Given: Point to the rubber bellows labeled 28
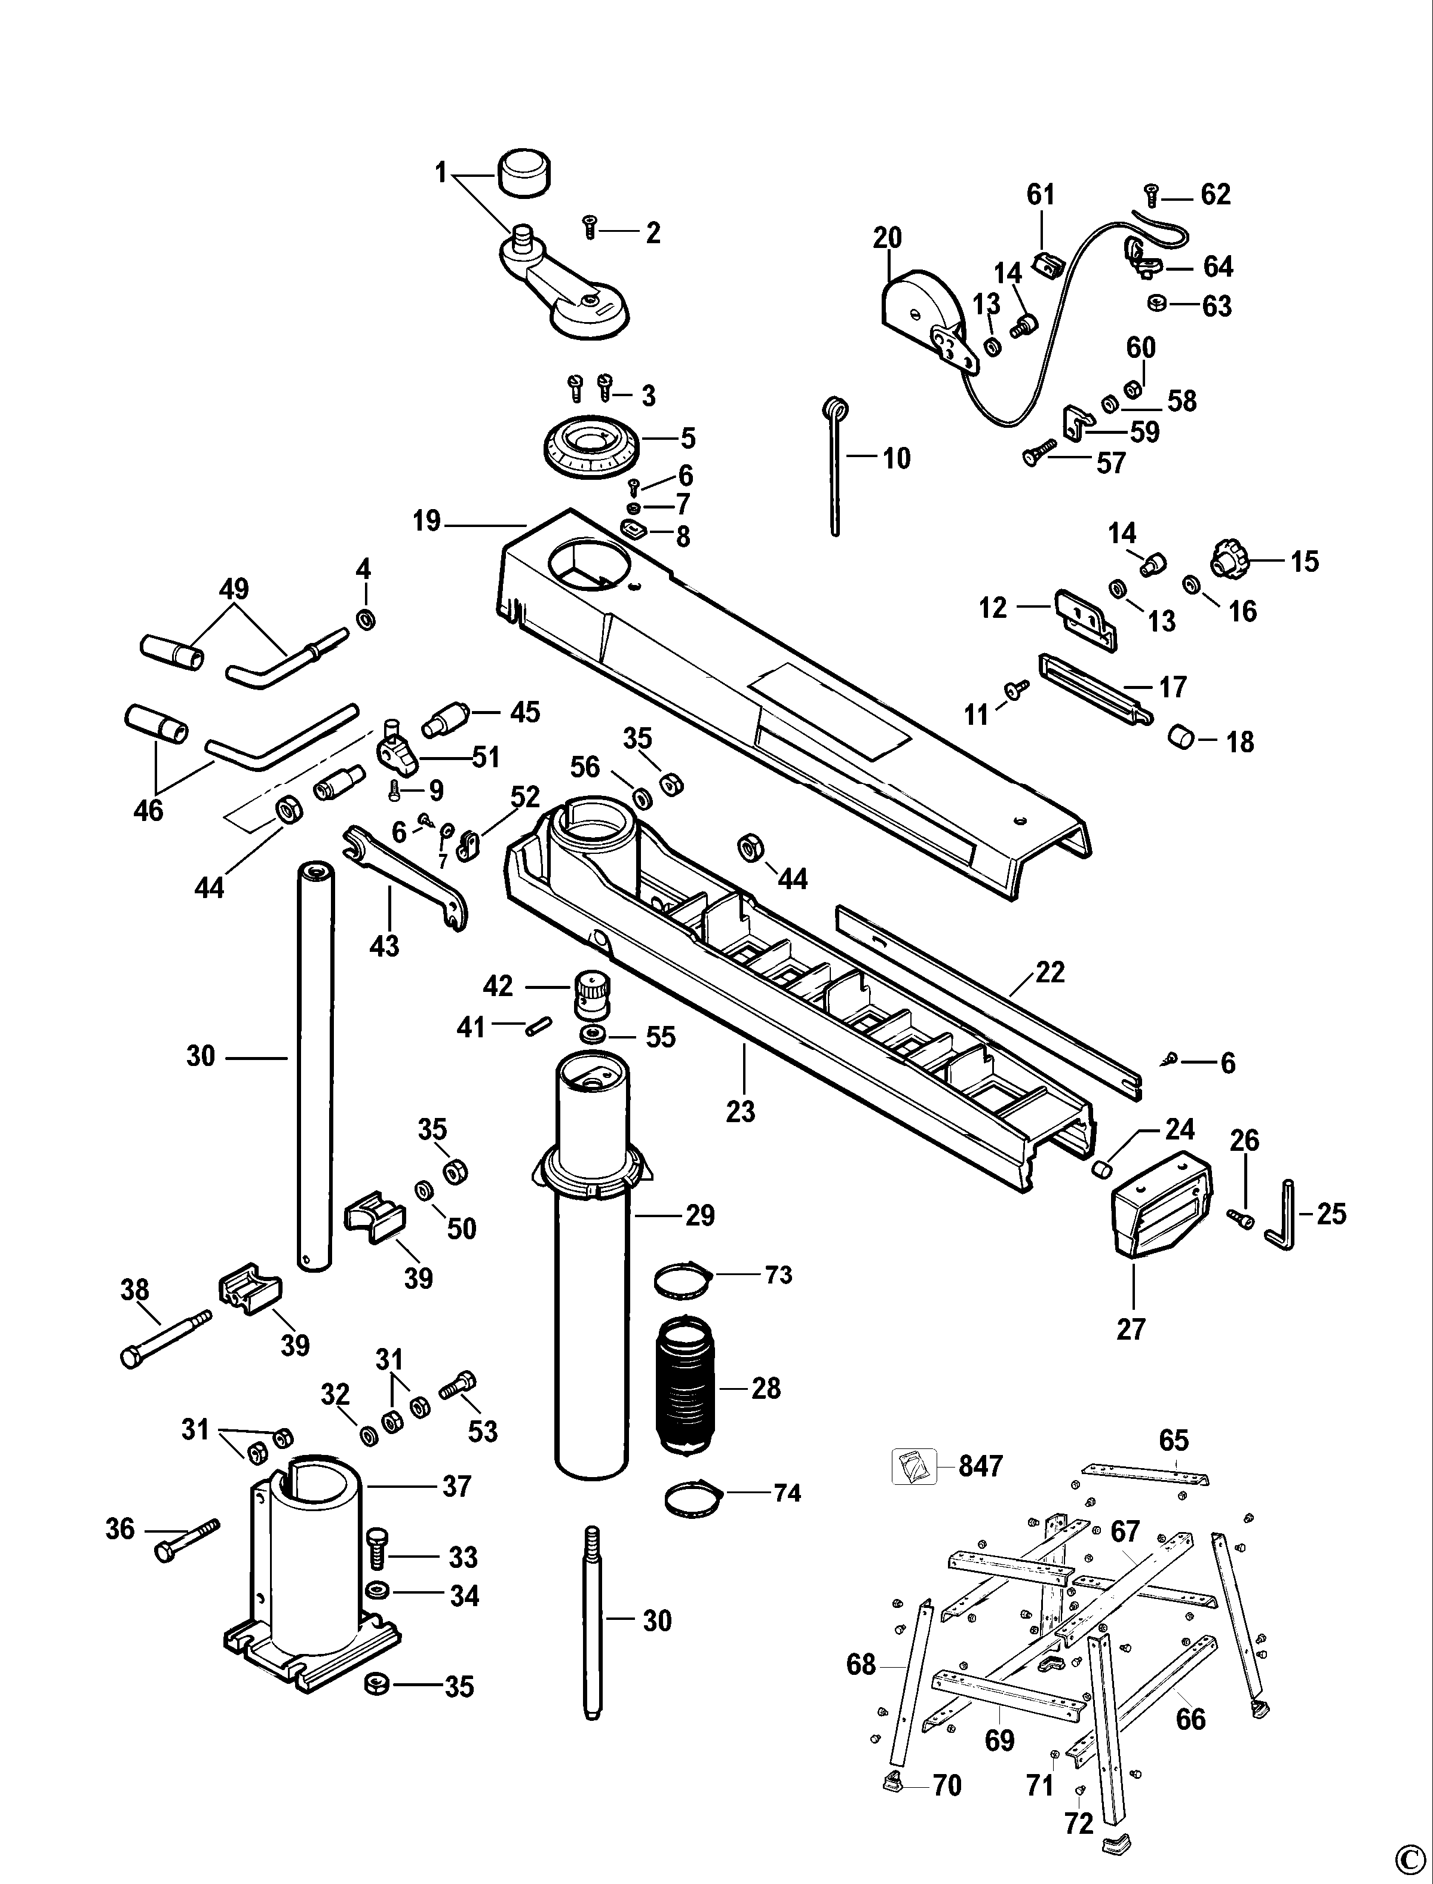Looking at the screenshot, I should pos(685,1387).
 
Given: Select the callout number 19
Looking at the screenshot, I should pos(426,520).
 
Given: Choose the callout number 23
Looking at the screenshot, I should pos(740,1112).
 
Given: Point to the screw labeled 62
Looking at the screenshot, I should pos(1150,195).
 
